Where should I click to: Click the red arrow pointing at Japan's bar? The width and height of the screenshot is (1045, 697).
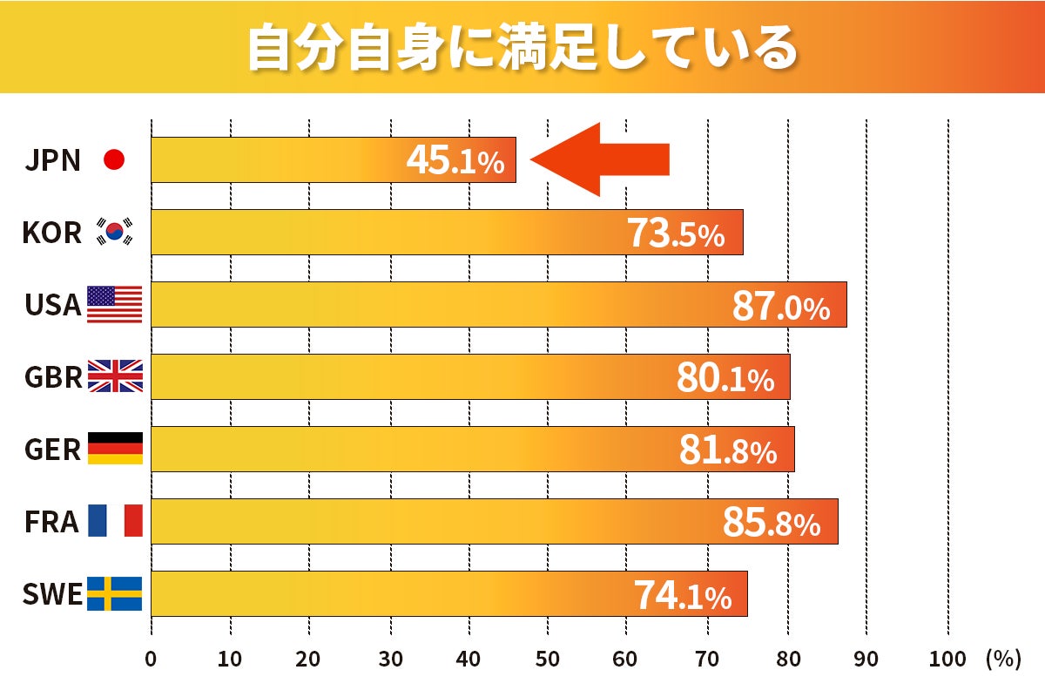pyautogui.click(x=601, y=159)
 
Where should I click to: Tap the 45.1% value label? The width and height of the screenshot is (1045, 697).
pyautogui.click(x=455, y=161)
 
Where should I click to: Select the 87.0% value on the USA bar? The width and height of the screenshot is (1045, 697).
pyautogui.click(x=780, y=307)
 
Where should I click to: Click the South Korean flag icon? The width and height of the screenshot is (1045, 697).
pyautogui.click(x=115, y=232)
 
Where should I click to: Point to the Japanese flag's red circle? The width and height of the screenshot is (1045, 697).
pyautogui.click(x=114, y=159)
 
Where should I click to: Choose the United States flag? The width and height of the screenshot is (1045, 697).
pyautogui.click(x=114, y=304)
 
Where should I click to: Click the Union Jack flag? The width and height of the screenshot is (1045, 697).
pyautogui.click(x=114, y=376)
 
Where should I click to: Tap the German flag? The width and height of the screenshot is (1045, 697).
pyautogui.click(x=114, y=449)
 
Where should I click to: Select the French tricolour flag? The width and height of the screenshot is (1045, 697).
pyautogui.click(x=114, y=521)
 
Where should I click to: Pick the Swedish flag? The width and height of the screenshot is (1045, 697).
pyautogui.click(x=114, y=593)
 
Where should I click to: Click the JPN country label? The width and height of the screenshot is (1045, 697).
pyautogui.click(x=52, y=160)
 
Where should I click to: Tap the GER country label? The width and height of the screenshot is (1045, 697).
pyautogui.click(x=52, y=450)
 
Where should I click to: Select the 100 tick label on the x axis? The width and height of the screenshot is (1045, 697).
pyautogui.click(x=947, y=660)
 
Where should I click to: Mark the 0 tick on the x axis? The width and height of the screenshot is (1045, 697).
pyautogui.click(x=151, y=660)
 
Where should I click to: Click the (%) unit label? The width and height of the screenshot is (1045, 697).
pyautogui.click(x=1002, y=660)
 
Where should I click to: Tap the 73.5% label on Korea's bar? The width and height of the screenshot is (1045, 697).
pyautogui.click(x=675, y=234)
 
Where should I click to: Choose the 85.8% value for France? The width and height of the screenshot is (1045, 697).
pyautogui.click(x=771, y=523)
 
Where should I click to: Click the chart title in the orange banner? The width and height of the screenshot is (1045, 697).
pyautogui.click(x=522, y=47)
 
